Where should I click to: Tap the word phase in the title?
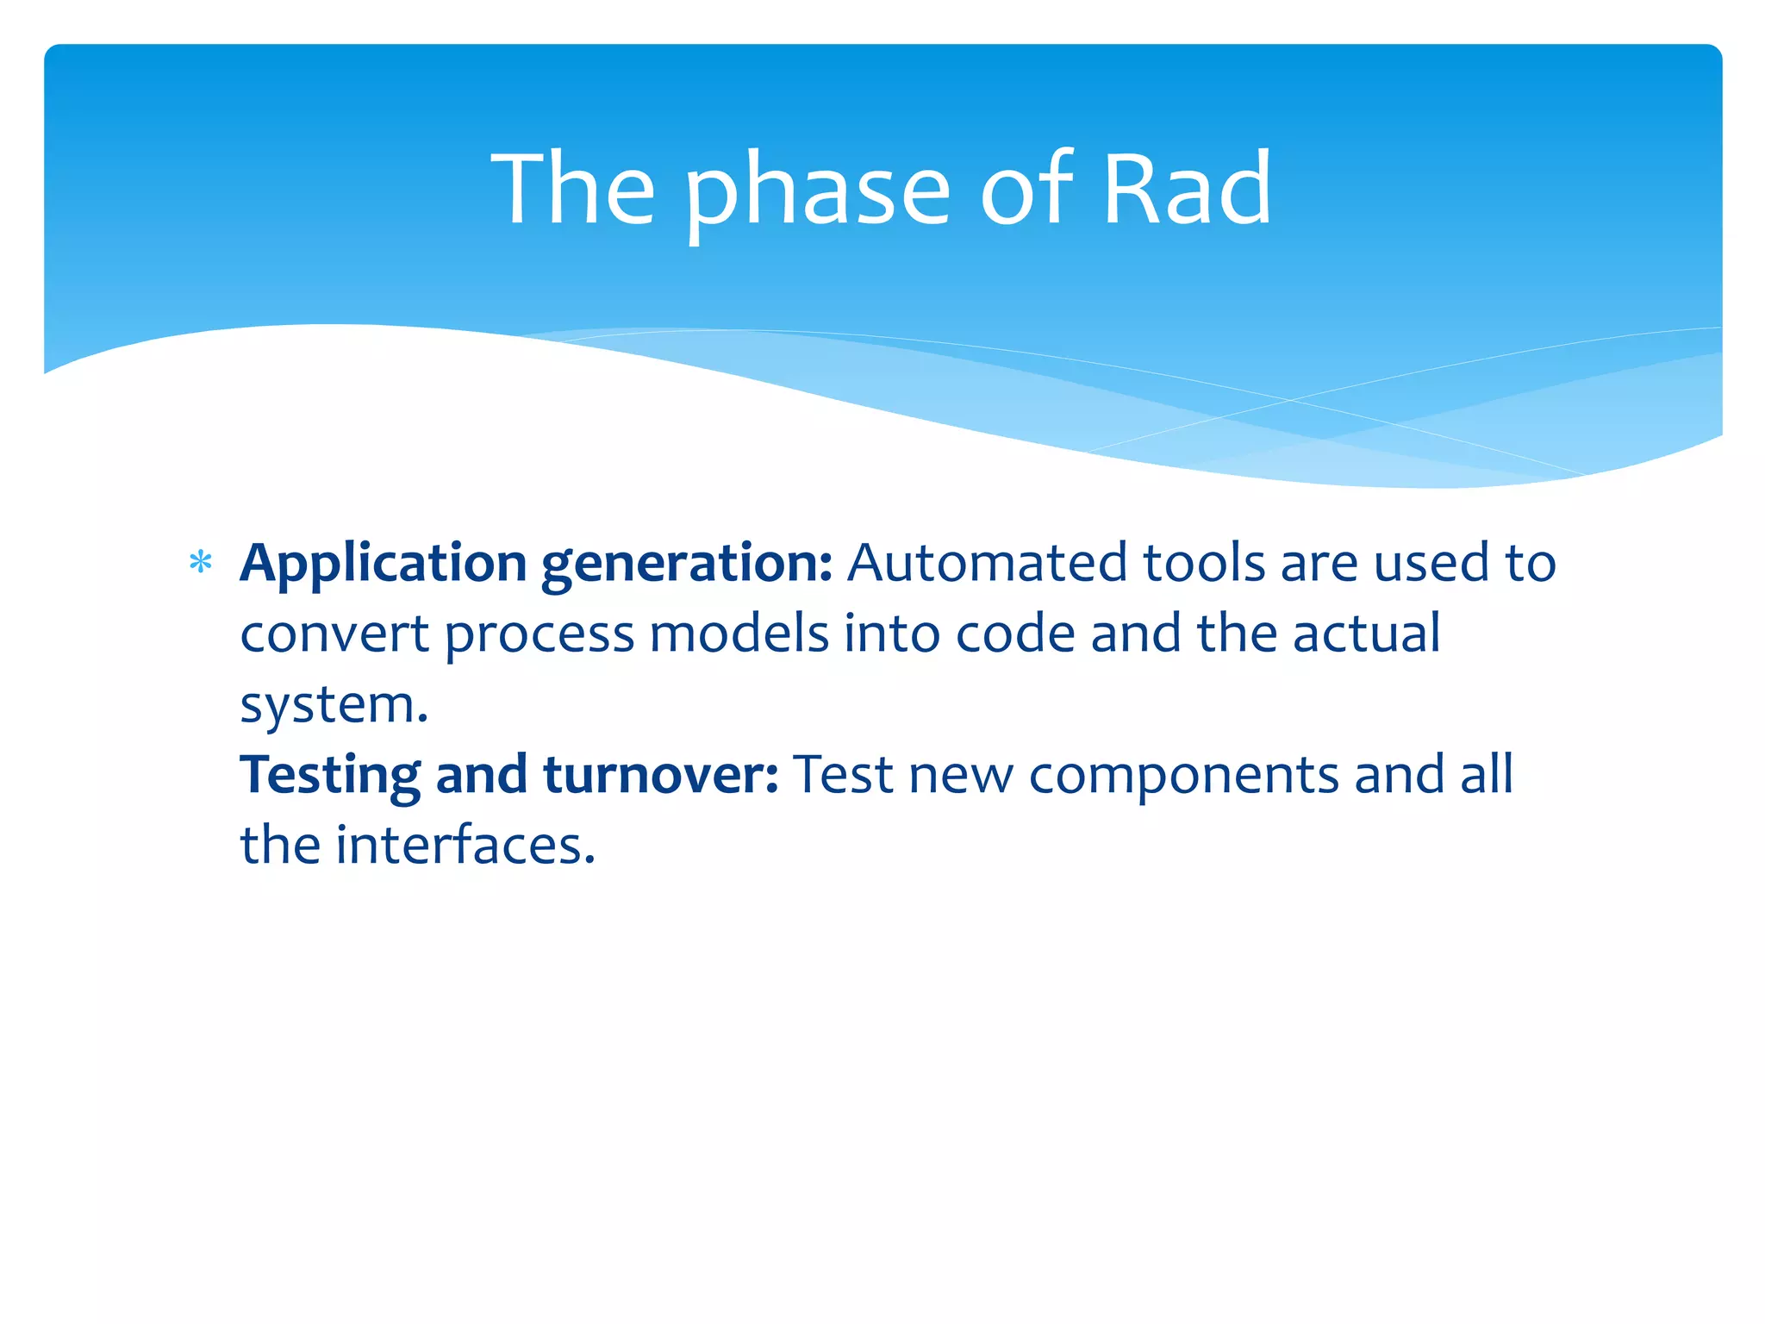(x=817, y=191)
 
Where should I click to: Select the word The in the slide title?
(x=573, y=189)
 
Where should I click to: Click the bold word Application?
(x=383, y=565)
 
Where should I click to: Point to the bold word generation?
(x=687, y=565)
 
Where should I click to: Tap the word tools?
(x=1203, y=563)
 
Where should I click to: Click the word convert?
(x=334, y=634)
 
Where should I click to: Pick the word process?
(x=539, y=636)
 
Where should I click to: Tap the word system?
(x=334, y=707)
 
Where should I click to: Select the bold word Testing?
(x=330, y=776)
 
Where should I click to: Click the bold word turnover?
(x=661, y=775)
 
